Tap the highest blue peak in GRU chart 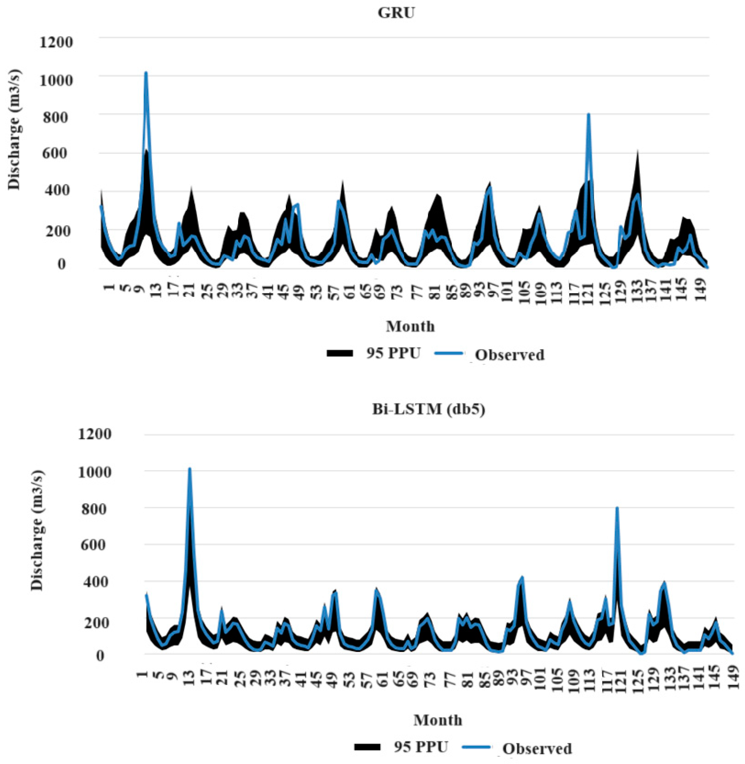(146, 74)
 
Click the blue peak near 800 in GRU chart (588, 115)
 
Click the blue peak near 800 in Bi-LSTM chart (617, 508)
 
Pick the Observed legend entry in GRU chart (509, 355)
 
